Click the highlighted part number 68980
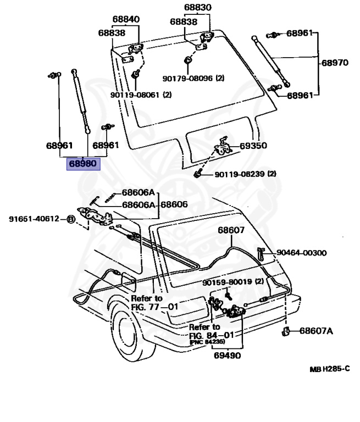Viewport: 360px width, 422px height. pos(83,163)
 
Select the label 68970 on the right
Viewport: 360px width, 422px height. pos(334,63)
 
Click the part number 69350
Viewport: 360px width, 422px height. pos(253,146)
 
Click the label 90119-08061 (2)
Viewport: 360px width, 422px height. pos(140,95)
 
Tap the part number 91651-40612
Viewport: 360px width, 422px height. pos(34,219)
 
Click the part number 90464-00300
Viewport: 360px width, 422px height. pos(302,253)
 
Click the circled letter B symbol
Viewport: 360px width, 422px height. pos(71,219)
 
